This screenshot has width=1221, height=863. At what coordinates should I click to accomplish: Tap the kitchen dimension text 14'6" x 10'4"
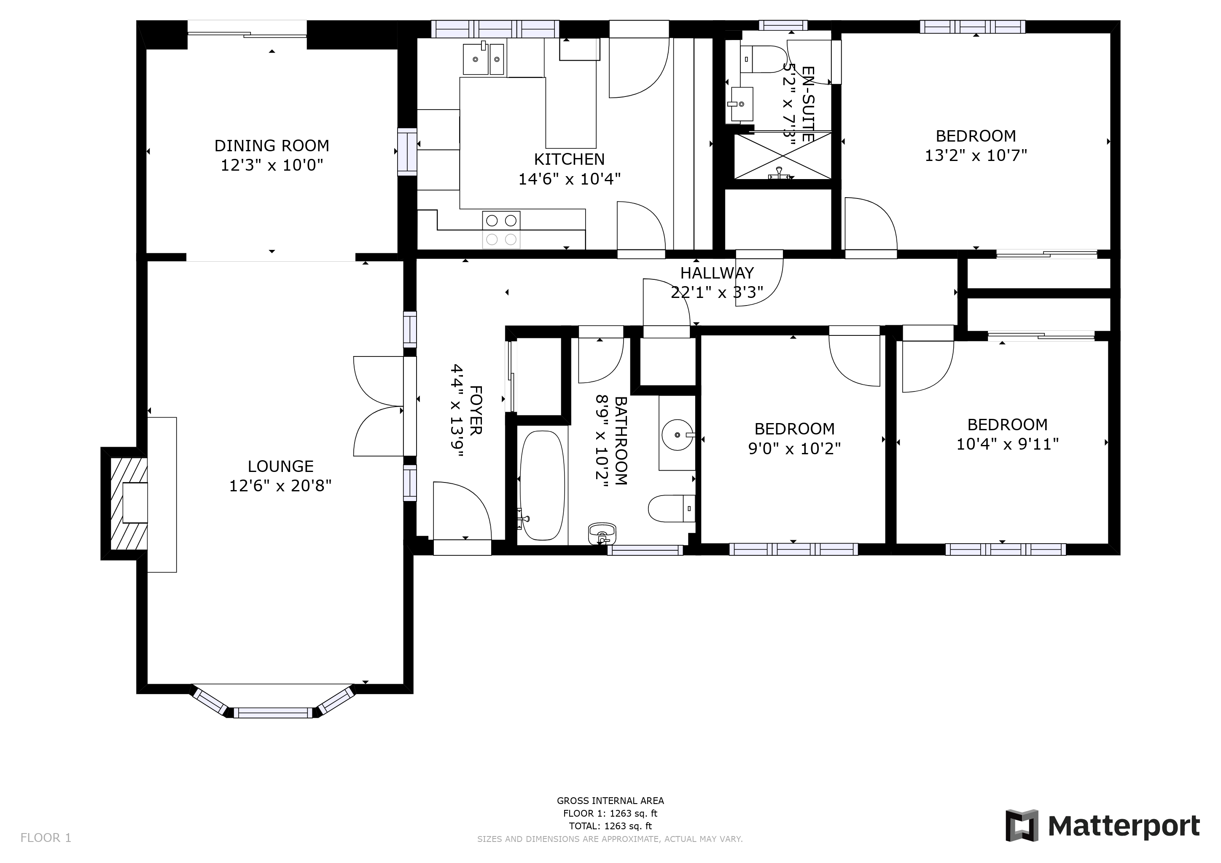point(569,179)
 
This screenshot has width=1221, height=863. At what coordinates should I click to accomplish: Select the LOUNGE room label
point(280,466)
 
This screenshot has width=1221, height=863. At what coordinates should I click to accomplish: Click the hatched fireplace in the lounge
point(128,503)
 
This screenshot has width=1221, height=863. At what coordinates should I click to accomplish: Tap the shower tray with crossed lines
point(782,155)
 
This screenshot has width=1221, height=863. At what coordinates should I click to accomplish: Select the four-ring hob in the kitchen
point(501,230)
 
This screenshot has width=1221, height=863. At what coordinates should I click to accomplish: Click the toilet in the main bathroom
point(671,509)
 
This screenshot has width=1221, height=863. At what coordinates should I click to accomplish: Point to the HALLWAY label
point(716,273)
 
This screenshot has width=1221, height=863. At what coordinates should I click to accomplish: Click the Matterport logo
point(1103,826)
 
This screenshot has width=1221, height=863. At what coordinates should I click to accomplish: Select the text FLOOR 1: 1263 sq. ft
point(610,813)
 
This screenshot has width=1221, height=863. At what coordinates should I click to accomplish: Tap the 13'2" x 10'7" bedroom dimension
point(975,155)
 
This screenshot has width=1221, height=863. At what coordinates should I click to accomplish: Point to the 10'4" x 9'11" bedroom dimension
point(1007,444)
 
